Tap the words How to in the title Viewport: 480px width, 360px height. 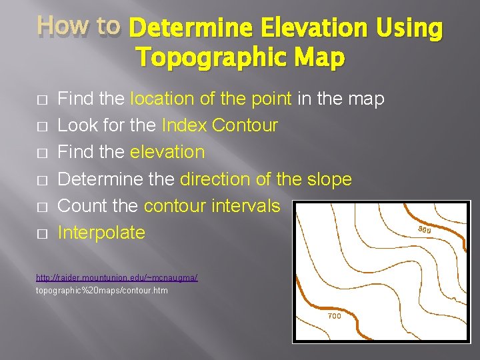[79, 25]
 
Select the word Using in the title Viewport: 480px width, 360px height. [409, 28]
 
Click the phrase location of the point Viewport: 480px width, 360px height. [211, 99]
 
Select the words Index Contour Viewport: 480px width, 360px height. [219, 126]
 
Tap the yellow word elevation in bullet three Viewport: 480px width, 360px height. [167, 153]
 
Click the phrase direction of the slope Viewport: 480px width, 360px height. [265, 179]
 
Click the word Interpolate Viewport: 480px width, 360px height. [101, 233]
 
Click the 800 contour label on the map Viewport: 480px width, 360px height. [424, 230]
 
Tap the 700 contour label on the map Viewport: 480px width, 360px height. [334, 316]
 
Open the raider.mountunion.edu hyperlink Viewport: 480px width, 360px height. [117, 277]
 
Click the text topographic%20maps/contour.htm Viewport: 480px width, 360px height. [101, 291]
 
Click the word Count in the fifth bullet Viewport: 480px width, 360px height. [79, 206]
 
